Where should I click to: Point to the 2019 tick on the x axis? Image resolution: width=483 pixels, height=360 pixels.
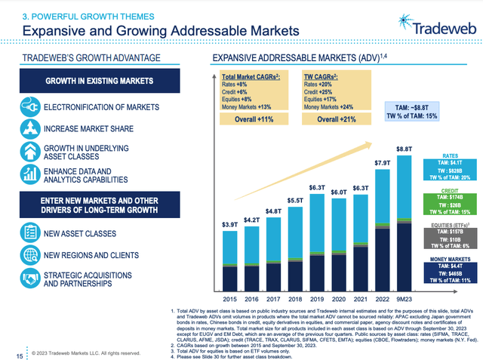[313, 297]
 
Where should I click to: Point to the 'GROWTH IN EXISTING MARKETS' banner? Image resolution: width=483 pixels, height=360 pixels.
[99, 81]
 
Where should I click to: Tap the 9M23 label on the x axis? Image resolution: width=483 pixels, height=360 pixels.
[404, 297]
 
